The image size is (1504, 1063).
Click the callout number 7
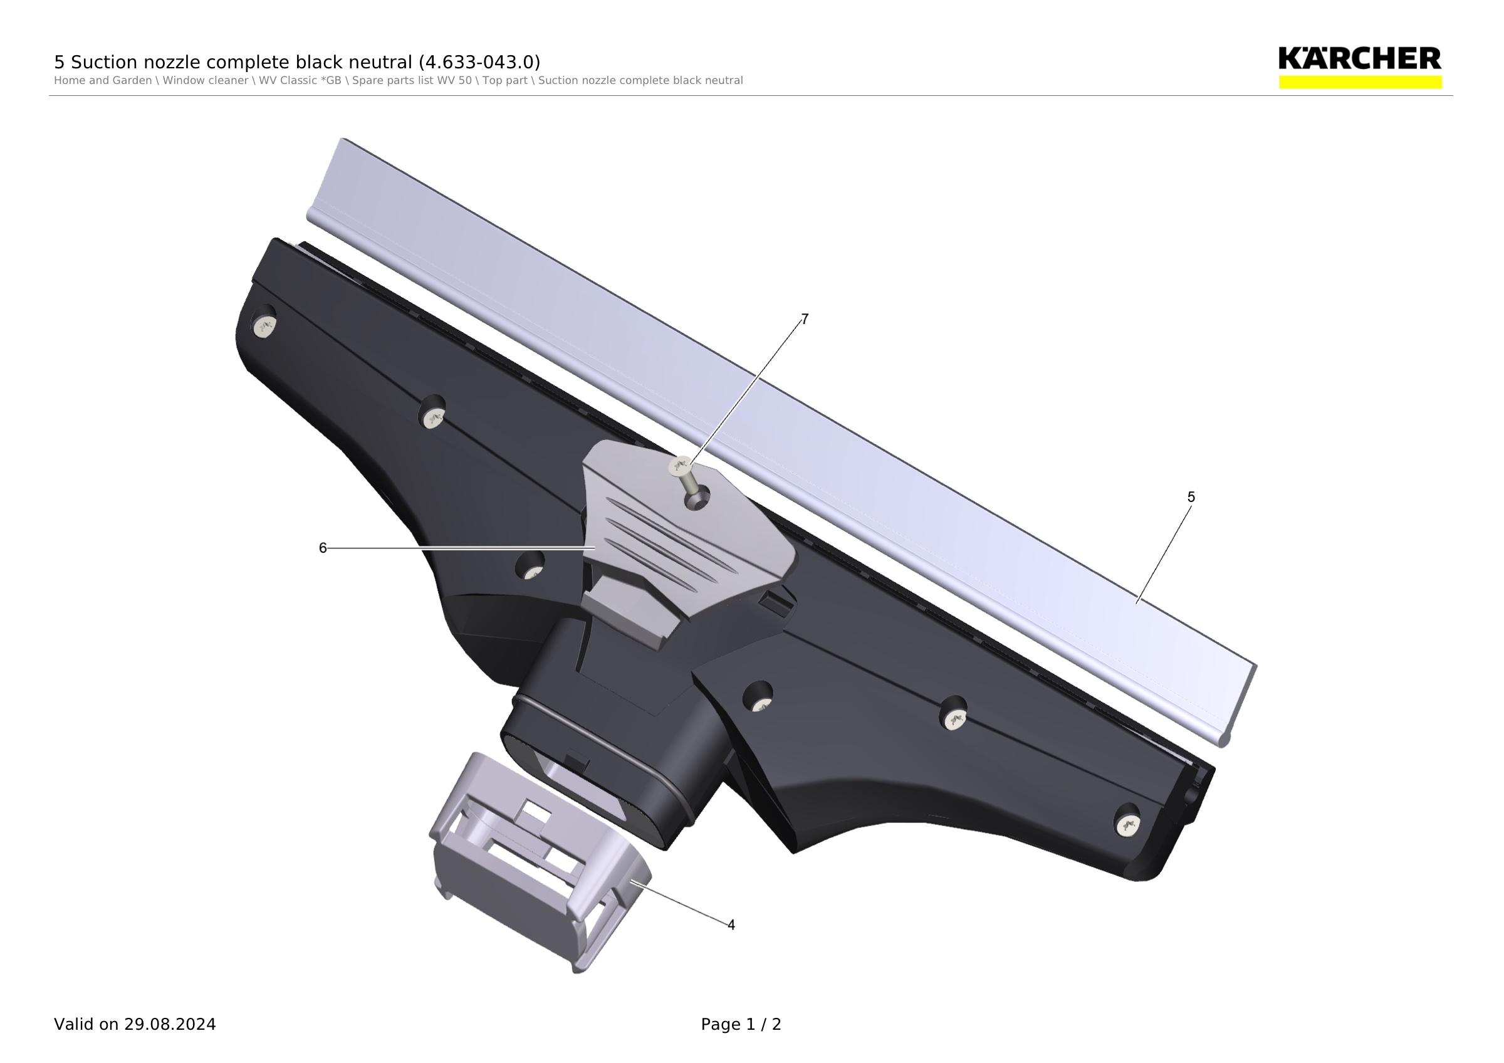tap(805, 319)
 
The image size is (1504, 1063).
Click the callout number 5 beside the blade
tap(1191, 497)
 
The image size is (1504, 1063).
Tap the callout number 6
tap(322, 548)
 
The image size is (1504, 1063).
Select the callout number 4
tap(731, 925)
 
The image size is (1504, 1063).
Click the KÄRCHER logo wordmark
tap(1360, 58)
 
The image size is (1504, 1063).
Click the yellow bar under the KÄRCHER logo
tap(1360, 82)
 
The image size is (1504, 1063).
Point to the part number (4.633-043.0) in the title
tap(479, 62)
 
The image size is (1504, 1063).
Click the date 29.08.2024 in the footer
tap(170, 1024)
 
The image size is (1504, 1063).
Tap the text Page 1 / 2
tap(741, 1024)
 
